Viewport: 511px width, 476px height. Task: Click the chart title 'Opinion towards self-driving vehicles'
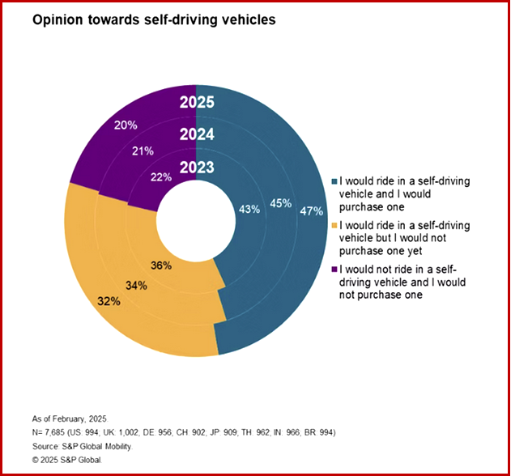coord(154,19)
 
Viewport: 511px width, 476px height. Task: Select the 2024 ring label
coord(197,135)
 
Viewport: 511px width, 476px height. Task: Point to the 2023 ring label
coord(197,168)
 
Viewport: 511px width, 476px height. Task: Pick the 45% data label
coord(280,203)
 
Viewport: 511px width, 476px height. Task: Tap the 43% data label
coord(249,209)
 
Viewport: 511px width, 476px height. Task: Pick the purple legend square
coord(335,269)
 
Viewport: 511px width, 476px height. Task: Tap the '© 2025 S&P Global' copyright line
coord(66,459)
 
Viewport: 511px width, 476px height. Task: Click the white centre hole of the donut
coord(197,220)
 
